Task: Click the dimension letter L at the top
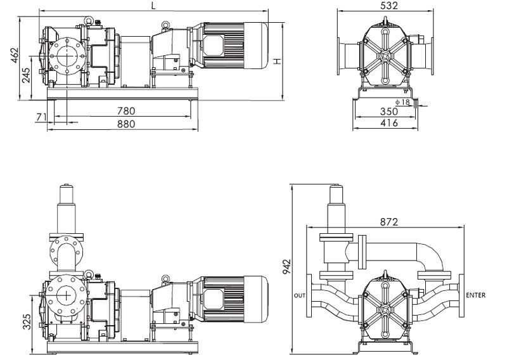(x=153, y=6)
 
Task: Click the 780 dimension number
(x=126, y=111)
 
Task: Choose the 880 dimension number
(x=126, y=124)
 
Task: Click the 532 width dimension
(x=385, y=6)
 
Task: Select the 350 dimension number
(x=388, y=112)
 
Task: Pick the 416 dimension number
(x=388, y=123)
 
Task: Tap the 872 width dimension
(x=388, y=222)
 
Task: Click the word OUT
(x=300, y=295)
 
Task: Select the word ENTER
(x=476, y=295)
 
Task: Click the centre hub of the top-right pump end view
(x=385, y=58)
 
